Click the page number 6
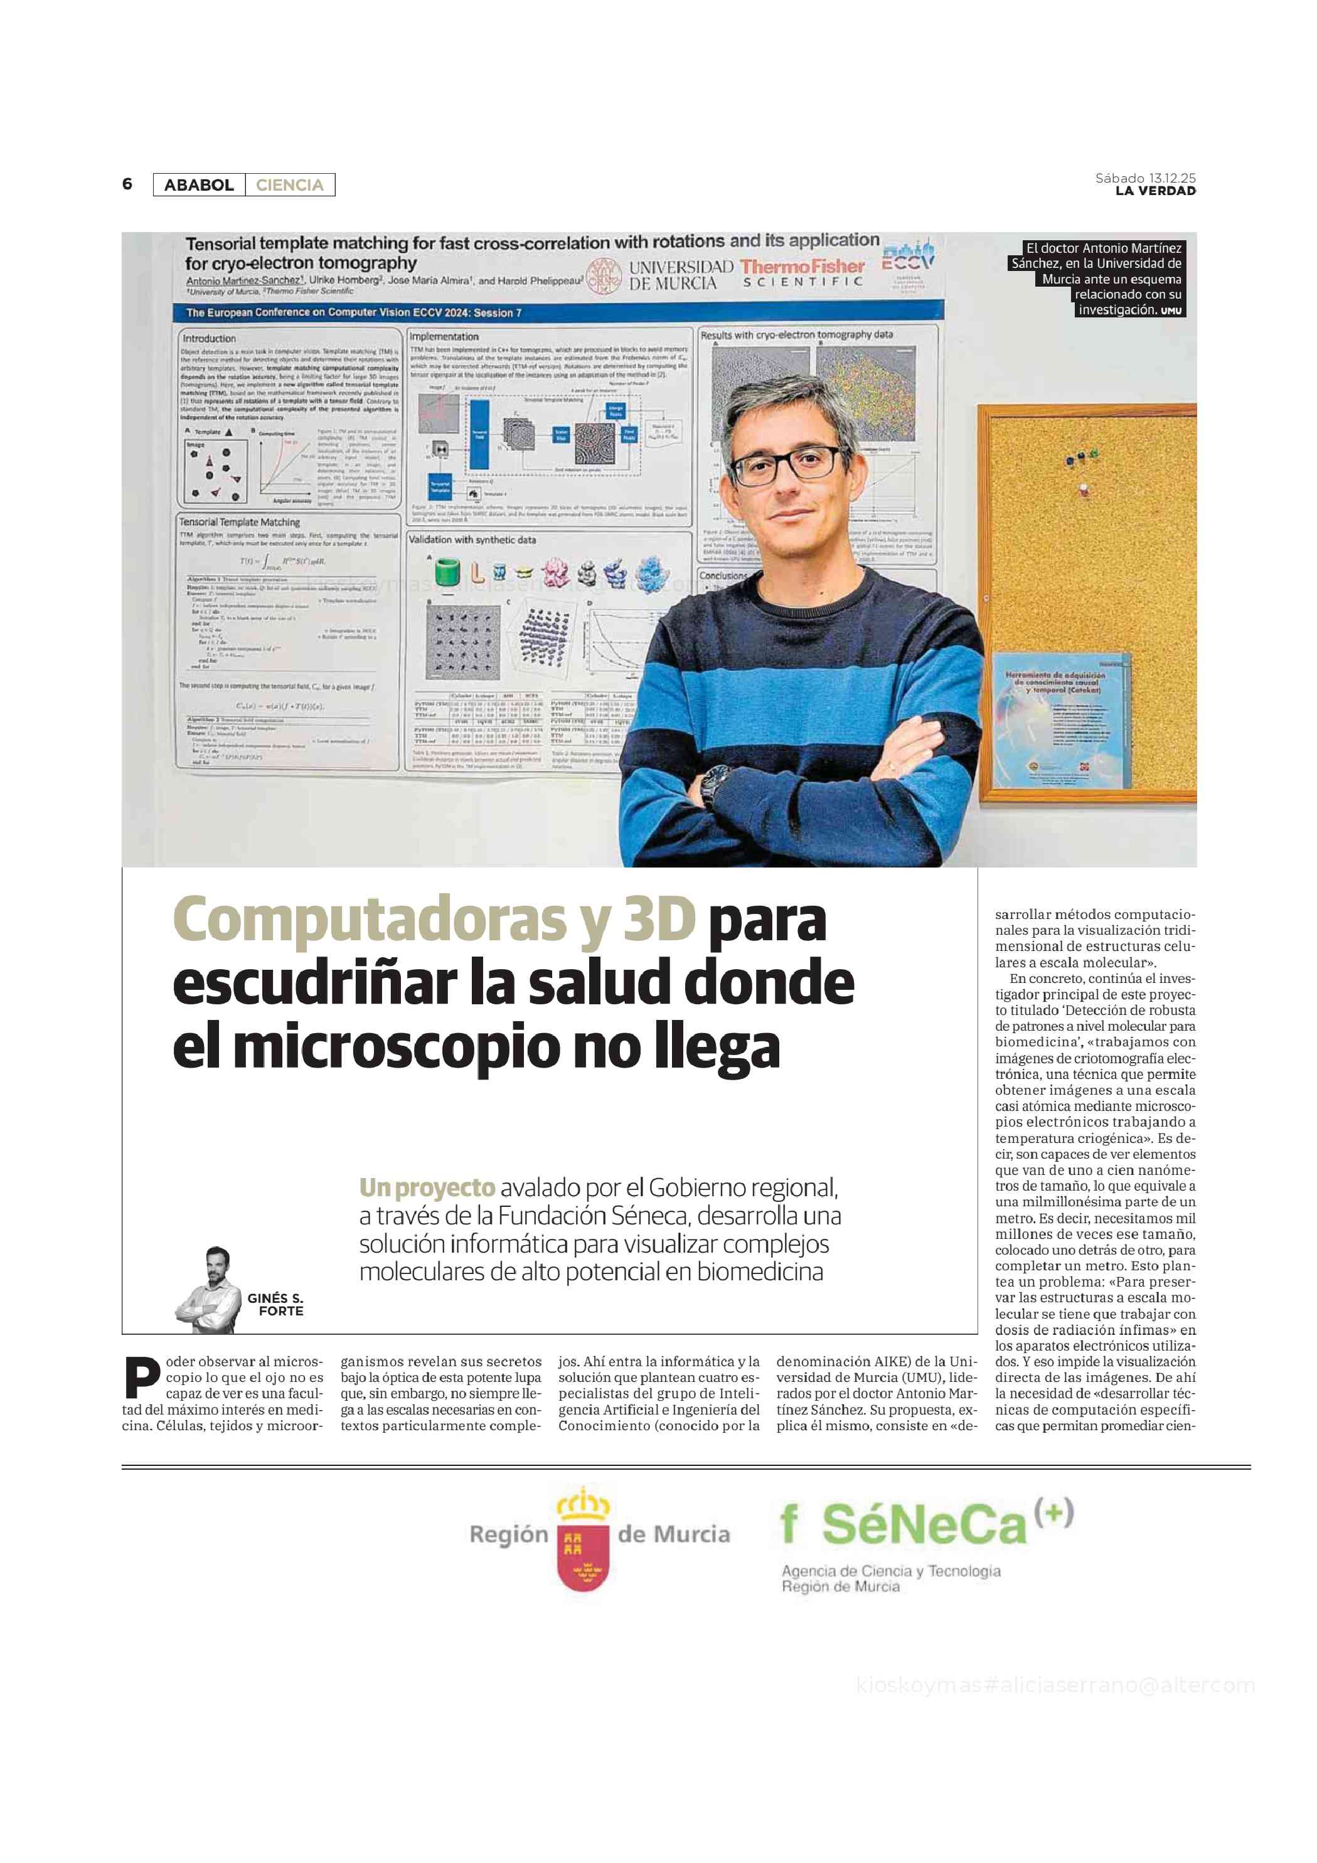tap(127, 184)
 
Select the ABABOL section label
tap(199, 185)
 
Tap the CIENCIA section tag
tap(290, 185)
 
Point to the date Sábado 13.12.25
tap(1145, 178)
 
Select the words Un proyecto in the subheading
tap(427, 1188)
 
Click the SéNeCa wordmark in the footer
tap(924, 1526)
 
